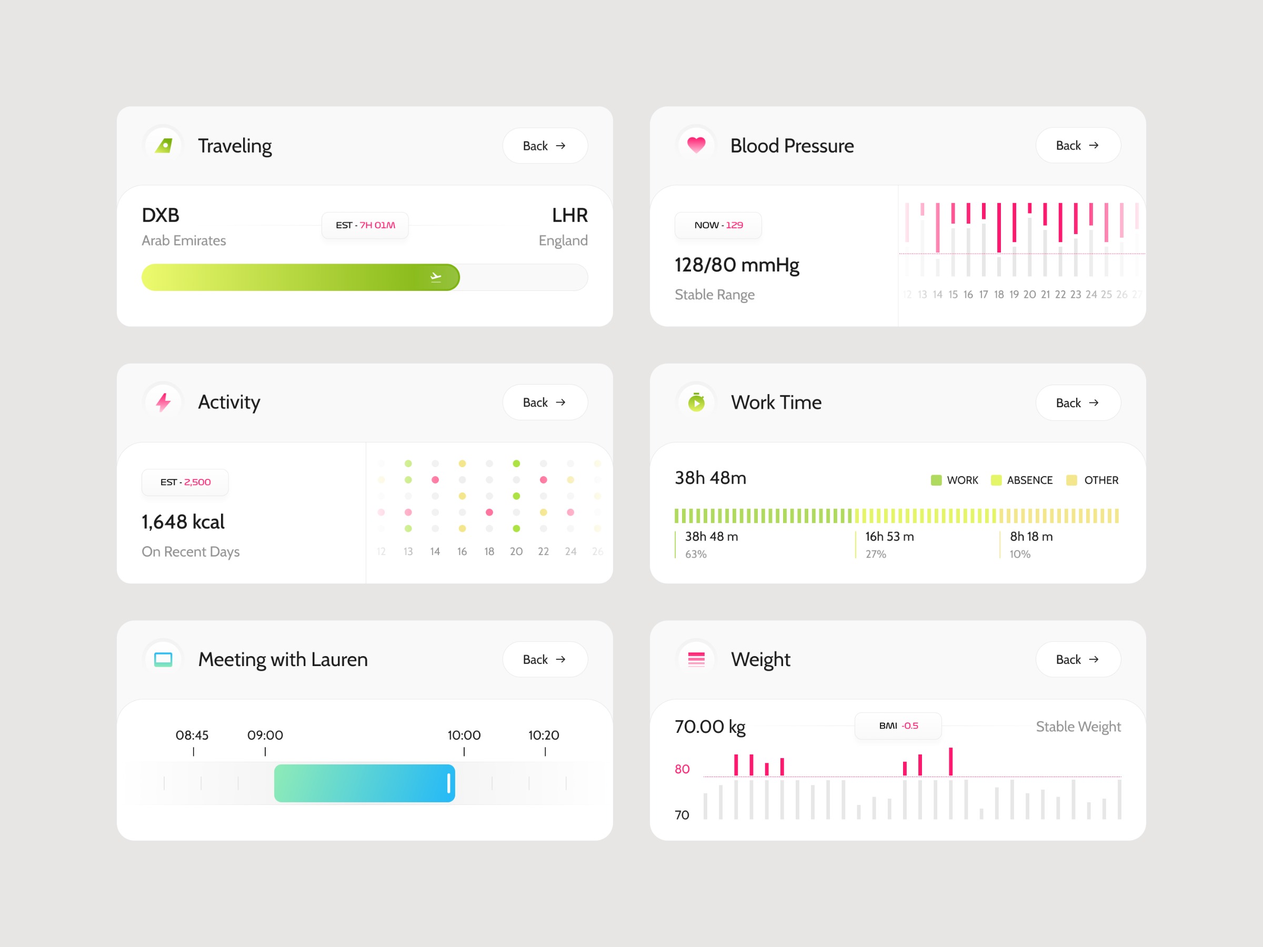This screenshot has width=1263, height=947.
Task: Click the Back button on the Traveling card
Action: pos(544,146)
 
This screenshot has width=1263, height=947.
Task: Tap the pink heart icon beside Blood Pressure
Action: pos(696,145)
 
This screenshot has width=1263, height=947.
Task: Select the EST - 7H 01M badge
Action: pos(365,225)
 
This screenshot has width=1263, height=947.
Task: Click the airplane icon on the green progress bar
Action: pos(436,277)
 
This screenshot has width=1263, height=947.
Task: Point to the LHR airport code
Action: pos(569,215)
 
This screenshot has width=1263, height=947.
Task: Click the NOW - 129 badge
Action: pos(718,225)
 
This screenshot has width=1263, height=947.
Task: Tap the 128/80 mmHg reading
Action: pos(737,265)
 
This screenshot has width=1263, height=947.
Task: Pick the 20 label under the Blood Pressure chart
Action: pos(1029,295)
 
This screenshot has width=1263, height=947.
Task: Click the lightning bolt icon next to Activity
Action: pos(163,402)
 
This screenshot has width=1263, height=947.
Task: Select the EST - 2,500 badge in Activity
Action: pos(185,482)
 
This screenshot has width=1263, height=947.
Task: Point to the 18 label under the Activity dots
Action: pos(489,551)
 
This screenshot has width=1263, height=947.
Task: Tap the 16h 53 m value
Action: pos(889,537)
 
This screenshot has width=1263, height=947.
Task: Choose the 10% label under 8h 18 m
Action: pos(1020,555)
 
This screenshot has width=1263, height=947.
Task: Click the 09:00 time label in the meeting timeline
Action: pos(265,735)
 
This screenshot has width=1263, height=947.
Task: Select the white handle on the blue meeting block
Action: pos(449,783)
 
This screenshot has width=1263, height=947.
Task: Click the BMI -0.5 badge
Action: pos(898,726)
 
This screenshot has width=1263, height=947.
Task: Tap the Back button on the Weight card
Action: pos(1077,659)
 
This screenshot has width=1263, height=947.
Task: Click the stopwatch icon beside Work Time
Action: pos(696,402)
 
